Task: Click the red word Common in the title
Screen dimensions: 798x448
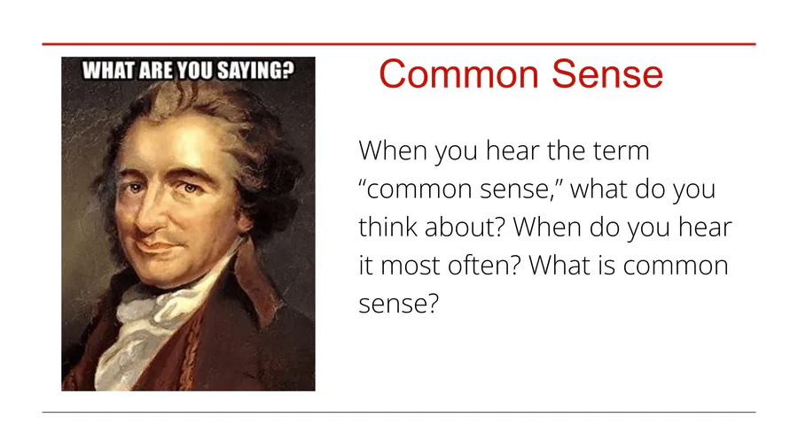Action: pos(458,74)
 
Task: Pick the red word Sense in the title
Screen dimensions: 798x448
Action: pos(607,74)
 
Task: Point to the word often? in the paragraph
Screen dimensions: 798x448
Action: pos(485,265)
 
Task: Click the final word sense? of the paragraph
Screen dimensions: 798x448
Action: pos(398,305)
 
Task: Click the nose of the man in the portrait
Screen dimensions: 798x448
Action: pos(147,216)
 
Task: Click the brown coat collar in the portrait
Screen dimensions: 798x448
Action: pos(257,284)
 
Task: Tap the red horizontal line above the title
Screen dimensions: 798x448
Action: pos(399,44)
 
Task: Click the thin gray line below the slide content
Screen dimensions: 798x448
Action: pos(399,412)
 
